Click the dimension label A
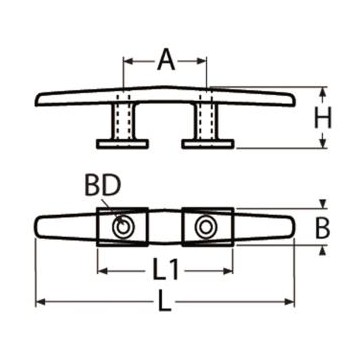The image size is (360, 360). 165,61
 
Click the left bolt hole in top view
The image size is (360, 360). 122,229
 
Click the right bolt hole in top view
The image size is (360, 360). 208,229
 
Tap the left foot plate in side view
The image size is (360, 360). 123,143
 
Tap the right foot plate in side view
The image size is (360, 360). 208,143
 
